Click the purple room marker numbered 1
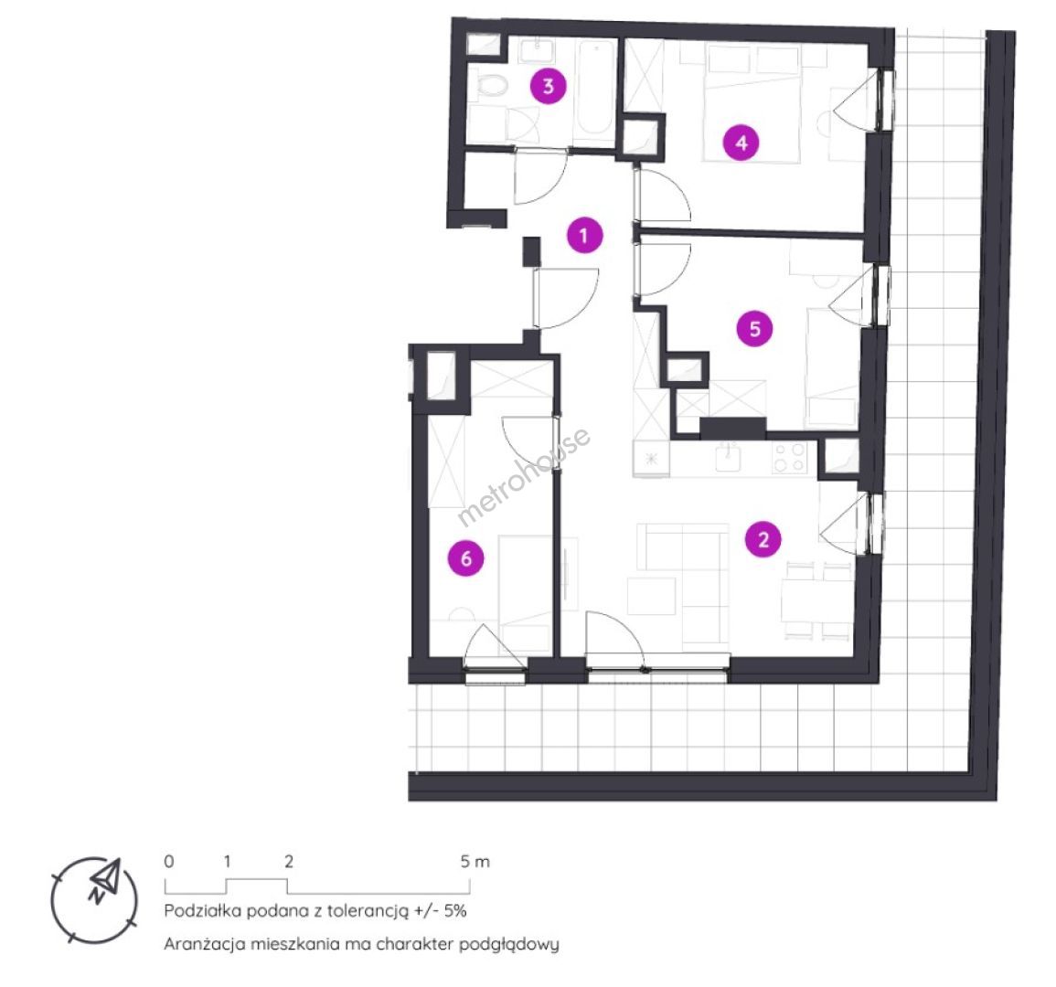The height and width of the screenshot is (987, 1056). [x=583, y=235]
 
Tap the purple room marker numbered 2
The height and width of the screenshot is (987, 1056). [x=763, y=539]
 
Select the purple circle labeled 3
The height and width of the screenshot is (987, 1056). [x=549, y=86]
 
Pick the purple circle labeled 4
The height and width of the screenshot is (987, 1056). [x=741, y=143]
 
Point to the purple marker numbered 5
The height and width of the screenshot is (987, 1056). [x=754, y=329]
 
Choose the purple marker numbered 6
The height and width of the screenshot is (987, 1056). [x=466, y=558]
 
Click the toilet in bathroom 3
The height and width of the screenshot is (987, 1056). [x=489, y=85]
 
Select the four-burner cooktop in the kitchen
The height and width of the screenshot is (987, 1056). [x=789, y=457]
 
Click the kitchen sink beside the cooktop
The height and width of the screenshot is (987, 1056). [x=729, y=458]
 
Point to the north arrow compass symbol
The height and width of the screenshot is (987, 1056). [x=95, y=899]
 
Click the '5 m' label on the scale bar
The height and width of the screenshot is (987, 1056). [x=475, y=861]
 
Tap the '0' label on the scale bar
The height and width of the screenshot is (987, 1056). [x=169, y=861]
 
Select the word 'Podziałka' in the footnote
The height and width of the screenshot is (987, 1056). [x=202, y=911]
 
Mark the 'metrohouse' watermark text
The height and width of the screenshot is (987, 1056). [x=523, y=477]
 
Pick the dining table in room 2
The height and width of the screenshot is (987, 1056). [x=817, y=601]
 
